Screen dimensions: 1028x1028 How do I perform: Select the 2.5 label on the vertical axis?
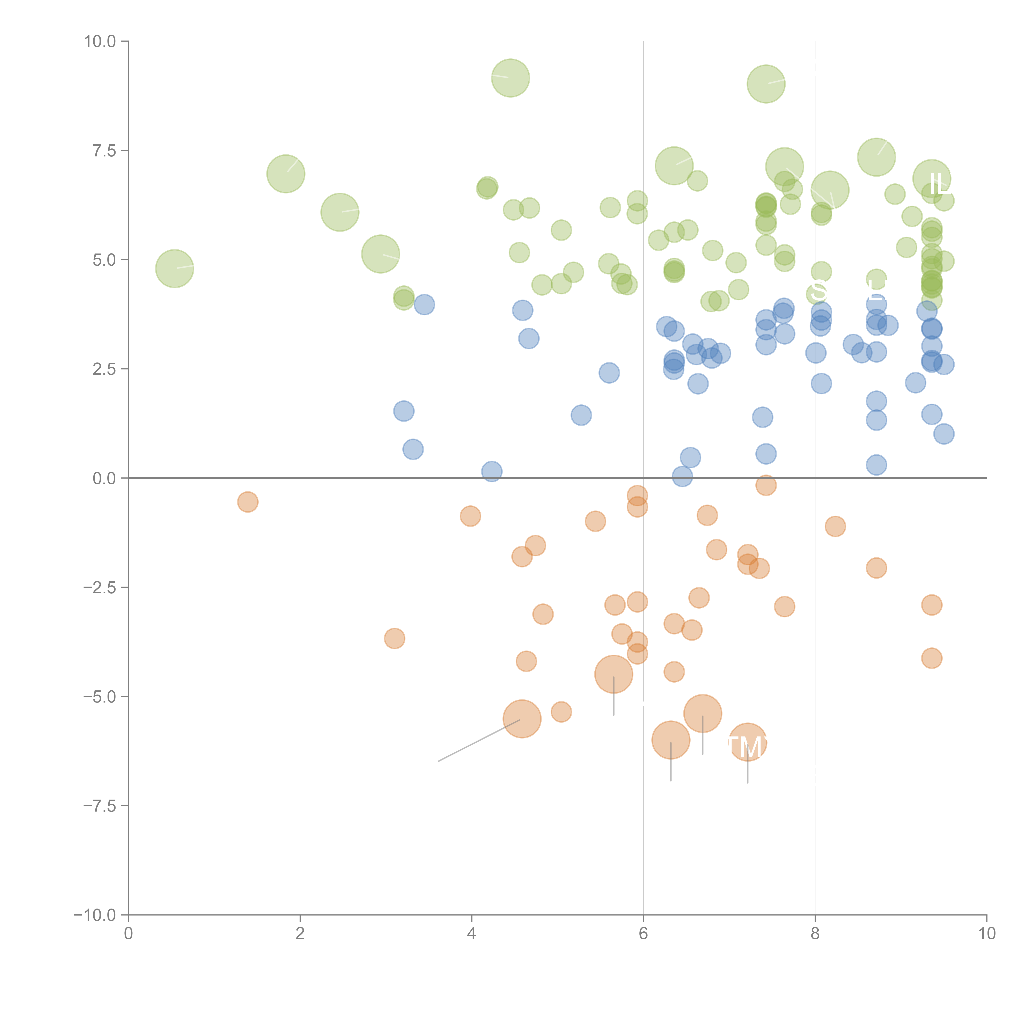(x=104, y=369)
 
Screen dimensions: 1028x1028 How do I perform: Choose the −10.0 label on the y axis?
(x=95, y=915)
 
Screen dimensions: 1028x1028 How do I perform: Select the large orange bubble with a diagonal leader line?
(x=522, y=719)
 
